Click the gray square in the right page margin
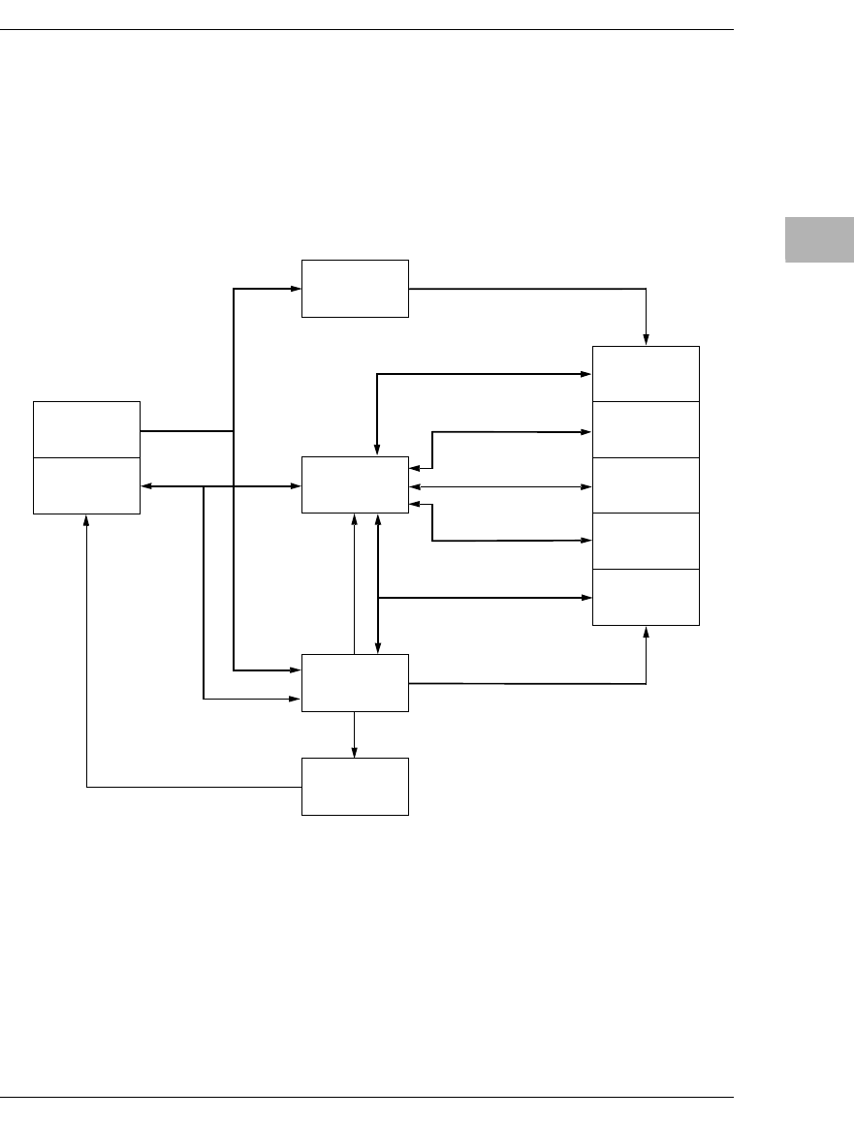tap(819, 239)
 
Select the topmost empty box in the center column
tap(355, 288)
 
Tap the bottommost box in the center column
tap(355, 786)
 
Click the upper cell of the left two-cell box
tap(86, 429)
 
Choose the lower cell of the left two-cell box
tap(86, 485)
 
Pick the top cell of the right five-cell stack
tap(646, 373)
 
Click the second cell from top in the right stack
tap(646, 429)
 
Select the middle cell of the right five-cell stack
tap(646, 484)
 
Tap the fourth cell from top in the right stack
tap(646, 541)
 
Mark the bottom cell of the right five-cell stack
tap(646, 597)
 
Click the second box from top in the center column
tap(355, 484)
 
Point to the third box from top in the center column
tap(355, 682)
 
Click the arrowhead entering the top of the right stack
tap(647, 340)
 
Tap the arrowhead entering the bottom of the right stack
tap(647, 631)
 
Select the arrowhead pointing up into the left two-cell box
tap(87, 519)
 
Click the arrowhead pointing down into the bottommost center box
tap(355, 752)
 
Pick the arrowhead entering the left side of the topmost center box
tap(296, 288)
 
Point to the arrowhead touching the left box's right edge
tap(146, 485)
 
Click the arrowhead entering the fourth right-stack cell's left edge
tap(586, 541)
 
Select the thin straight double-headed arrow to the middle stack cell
tap(500, 485)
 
